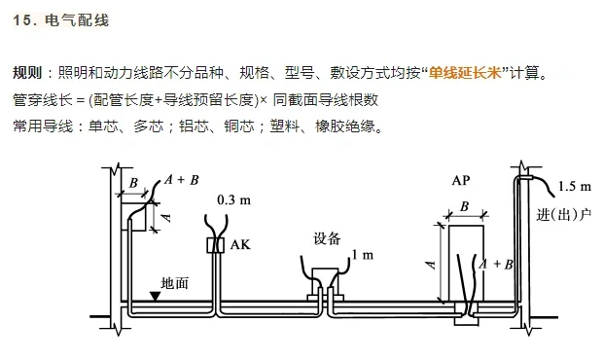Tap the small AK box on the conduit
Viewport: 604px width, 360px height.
[x=215, y=246]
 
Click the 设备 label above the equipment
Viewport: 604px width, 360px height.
[x=327, y=237]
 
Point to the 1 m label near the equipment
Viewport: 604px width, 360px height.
[x=362, y=255]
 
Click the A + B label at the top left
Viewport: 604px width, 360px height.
[x=182, y=179]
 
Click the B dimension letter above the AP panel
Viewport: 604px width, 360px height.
[x=464, y=206]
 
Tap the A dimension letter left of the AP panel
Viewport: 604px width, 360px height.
[x=429, y=262]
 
